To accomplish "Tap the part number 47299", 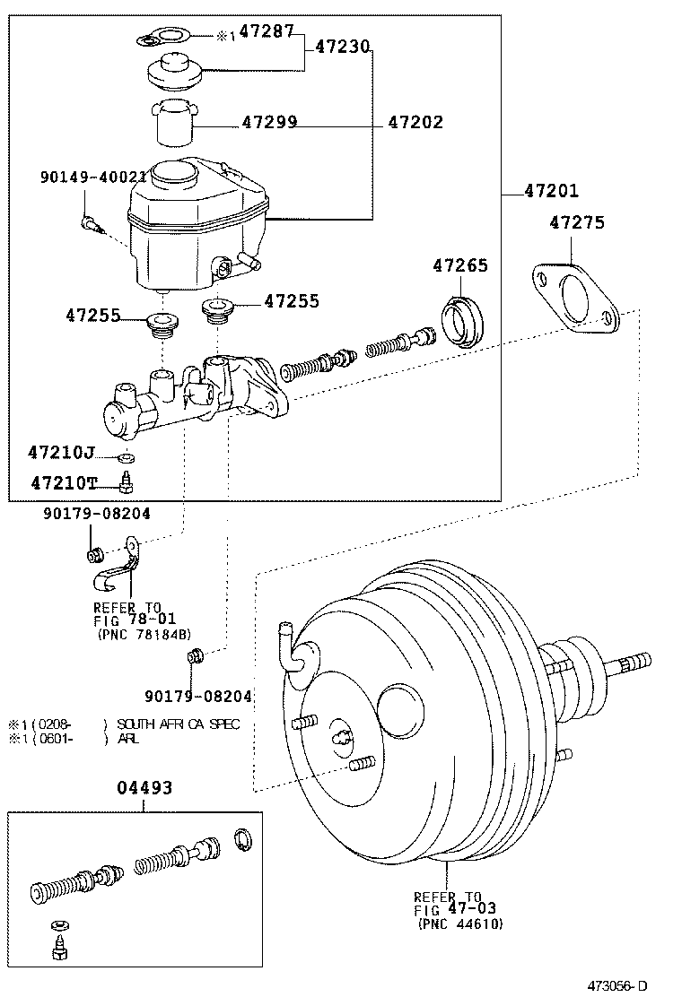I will click(x=269, y=123).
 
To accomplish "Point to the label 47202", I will click(x=415, y=123).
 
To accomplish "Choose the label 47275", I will click(x=577, y=223).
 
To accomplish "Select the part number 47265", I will click(x=460, y=266).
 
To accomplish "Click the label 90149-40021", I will click(x=92, y=178).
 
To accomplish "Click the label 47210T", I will click(x=63, y=483).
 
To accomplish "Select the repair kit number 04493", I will click(x=144, y=788).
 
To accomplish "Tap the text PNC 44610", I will click(x=459, y=923).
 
